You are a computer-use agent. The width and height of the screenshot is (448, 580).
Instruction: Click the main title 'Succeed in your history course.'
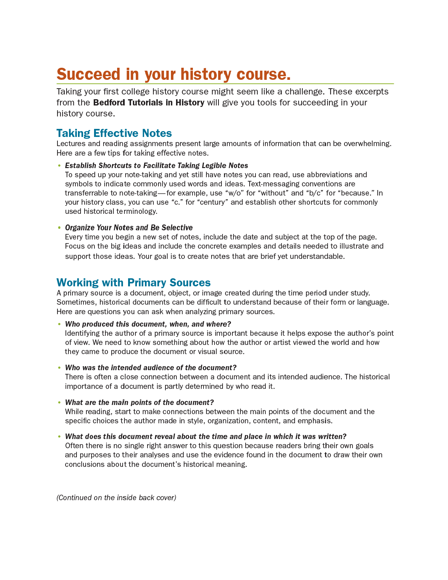[x=173, y=74]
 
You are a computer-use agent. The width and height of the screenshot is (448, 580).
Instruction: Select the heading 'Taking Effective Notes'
[x=114, y=133]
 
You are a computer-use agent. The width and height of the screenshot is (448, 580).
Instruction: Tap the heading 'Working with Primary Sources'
[x=134, y=282]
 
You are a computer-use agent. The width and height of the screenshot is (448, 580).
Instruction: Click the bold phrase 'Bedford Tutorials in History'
[x=149, y=103]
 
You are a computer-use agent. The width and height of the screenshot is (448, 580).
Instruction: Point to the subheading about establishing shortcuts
[x=156, y=166]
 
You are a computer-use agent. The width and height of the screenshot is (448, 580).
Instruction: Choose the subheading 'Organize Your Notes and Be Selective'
[x=129, y=227]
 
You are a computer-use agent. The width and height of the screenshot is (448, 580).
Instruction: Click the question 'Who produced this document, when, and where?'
[x=148, y=324]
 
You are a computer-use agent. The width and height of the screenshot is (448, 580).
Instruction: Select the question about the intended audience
[x=151, y=368]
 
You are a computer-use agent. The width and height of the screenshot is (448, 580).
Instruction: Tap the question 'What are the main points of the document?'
[x=139, y=402]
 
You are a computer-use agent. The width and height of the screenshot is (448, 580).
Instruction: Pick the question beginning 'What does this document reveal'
[x=206, y=436]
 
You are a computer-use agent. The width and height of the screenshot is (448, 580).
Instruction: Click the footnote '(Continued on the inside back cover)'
[x=116, y=498]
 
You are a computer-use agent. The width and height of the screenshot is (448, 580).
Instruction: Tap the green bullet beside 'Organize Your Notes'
[x=59, y=228]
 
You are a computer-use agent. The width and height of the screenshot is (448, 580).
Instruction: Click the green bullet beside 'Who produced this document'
[x=59, y=324]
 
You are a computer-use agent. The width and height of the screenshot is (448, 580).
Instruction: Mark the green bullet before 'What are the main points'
[x=59, y=403]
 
